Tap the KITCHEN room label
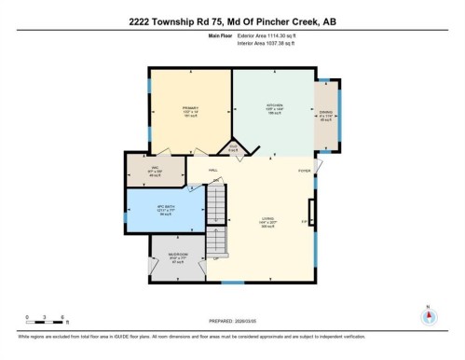pos(275,106)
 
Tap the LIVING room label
pos(267,223)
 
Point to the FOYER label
pos(304,172)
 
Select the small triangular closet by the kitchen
pos(232,147)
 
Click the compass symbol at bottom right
pos(428,316)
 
